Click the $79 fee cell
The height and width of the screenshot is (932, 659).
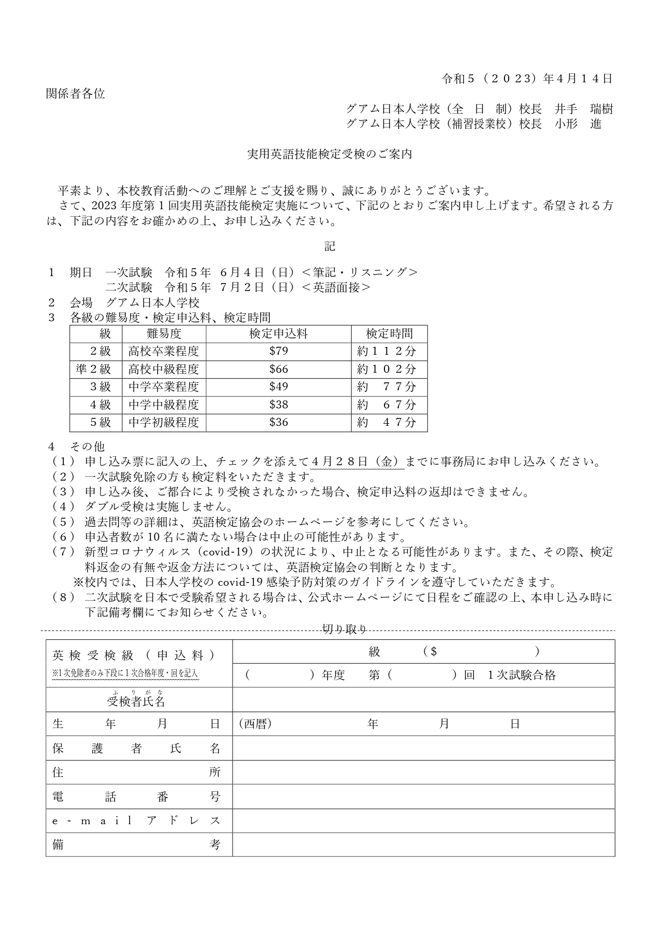278,351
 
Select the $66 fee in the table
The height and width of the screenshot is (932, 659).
278,369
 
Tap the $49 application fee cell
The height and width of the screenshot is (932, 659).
278,387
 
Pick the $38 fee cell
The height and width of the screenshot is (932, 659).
278,405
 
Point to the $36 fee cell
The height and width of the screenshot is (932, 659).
278,422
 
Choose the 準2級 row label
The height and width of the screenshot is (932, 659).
93,369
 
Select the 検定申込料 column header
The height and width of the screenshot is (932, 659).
278,334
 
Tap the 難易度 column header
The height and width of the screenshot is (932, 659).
164,334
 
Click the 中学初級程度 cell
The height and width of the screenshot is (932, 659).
164,422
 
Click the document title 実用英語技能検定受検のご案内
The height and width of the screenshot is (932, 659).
330,155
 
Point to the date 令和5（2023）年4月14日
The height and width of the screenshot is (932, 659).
527,79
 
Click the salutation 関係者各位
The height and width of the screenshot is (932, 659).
75,94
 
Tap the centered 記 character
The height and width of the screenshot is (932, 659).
330,246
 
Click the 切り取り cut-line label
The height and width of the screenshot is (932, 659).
345,630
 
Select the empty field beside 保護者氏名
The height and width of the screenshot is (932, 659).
423,748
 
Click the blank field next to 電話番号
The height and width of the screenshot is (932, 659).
423,796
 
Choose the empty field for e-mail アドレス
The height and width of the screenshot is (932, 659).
423,820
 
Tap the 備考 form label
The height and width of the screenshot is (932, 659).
136,844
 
